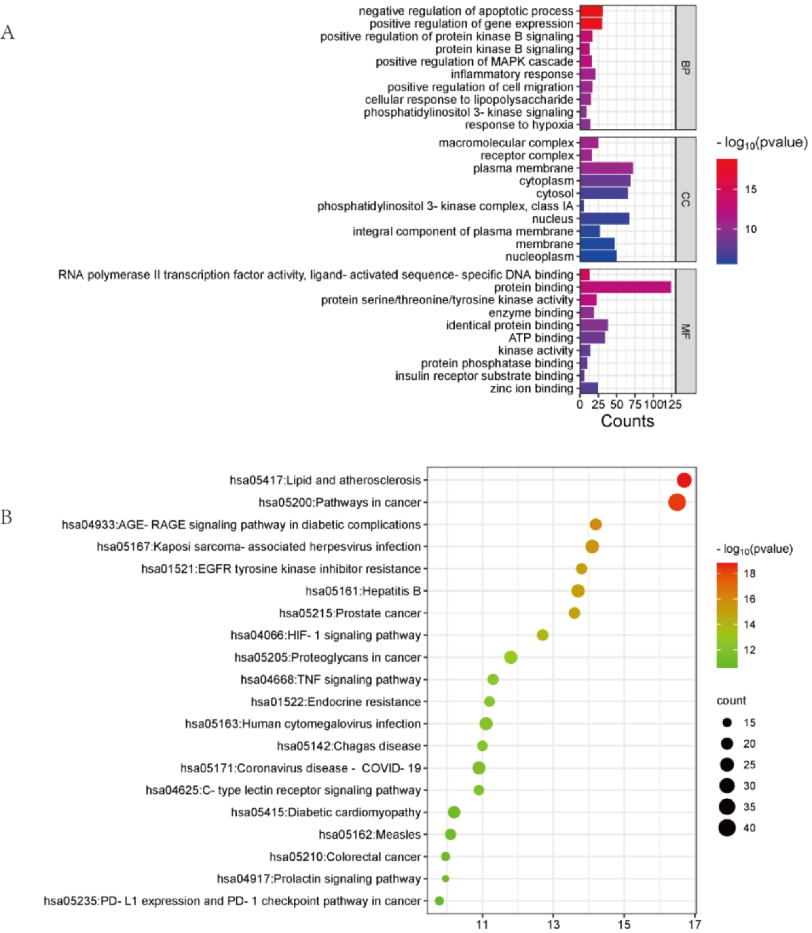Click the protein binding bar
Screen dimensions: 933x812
click(x=625, y=287)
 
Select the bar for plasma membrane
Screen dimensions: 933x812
click(x=606, y=168)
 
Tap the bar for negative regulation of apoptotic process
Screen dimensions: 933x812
click(x=591, y=11)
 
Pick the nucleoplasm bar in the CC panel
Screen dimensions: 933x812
click(x=598, y=257)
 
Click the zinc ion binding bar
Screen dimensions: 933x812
click(x=589, y=388)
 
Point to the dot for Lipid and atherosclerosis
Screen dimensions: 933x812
click(x=684, y=480)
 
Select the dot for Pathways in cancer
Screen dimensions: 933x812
click(x=677, y=503)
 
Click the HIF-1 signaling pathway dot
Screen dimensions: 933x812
click(x=542, y=635)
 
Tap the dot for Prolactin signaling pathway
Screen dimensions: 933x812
click(x=445, y=879)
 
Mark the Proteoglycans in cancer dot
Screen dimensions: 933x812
click(x=511, y=657)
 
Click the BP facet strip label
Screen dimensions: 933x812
click(x=685, y=68)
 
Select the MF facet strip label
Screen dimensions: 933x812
click(x=685, y=331)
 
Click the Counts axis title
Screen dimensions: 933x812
click(x=628, y=421)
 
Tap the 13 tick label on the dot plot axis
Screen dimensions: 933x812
click(x=553, y=925)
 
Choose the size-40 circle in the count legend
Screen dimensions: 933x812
click(x=727, y=828)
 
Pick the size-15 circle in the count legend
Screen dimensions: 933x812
click(x=727, y=723)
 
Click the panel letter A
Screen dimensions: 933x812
click(x=8, y=33)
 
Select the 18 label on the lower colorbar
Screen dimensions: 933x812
click(x=750, y=573)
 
